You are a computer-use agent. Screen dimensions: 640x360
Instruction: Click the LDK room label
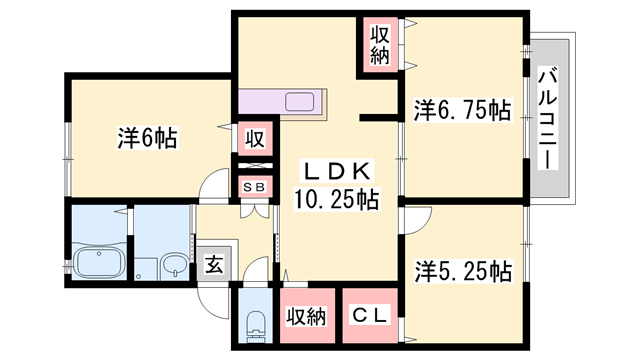coord(336,172)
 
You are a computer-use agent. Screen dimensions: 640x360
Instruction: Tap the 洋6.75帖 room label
coord(462,110)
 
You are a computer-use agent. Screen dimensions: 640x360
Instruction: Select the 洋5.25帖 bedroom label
coord(463,271)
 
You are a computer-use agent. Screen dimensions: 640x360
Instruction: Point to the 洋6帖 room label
coord(148,138)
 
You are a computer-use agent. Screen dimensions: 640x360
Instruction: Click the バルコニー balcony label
coord(548,118)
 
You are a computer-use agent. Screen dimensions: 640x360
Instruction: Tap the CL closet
coord(370,316)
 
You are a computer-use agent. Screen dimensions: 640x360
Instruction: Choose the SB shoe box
coord(255,187)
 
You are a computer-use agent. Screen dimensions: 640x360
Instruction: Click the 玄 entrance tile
coord(215,265)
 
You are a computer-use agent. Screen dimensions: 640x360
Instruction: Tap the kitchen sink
coord(300,102)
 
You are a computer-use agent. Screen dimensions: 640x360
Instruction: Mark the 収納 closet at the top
coord(380,44)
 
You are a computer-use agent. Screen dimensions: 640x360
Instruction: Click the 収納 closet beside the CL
coord(307,316)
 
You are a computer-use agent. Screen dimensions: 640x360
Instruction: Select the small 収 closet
coord(255,139)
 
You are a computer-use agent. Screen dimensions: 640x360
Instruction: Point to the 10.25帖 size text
coord(336,199)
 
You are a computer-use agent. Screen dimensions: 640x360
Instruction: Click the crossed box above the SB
coord(255,166)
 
